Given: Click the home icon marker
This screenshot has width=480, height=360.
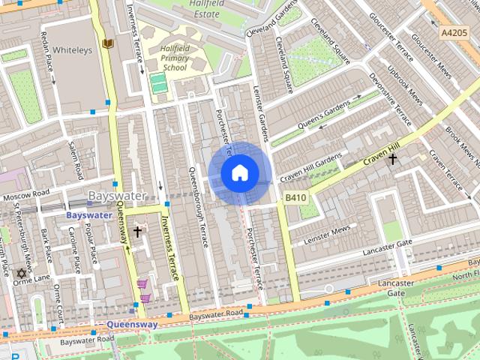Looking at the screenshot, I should (x=239, y=173).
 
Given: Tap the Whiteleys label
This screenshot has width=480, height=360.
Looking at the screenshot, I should (x=72, y=49).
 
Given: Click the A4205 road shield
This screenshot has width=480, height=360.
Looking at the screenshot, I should (x=454, y=33).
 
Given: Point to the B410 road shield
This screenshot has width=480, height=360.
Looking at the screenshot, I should (x=295, y=197).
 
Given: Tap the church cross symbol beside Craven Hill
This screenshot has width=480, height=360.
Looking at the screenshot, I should (x=391, y=159).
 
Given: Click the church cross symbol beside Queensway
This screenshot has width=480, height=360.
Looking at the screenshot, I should (x=137, y=232).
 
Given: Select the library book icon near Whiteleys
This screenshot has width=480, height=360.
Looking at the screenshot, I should (x=109, y=44).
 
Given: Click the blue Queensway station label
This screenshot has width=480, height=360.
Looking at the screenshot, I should (x=132, y=325).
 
